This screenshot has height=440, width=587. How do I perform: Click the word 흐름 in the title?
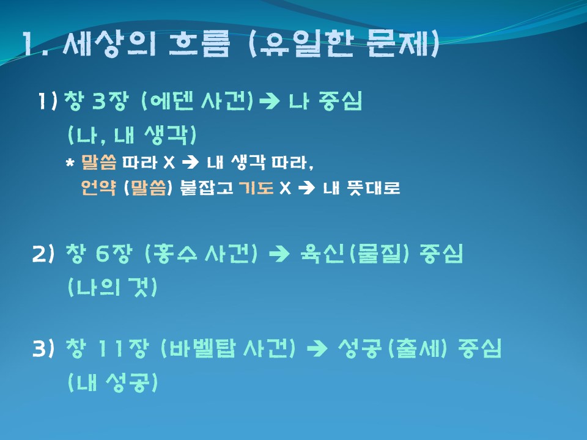pos(199,43)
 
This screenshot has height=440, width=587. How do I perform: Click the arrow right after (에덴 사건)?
pos(269,101)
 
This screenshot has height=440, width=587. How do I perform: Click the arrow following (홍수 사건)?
pos(279,254)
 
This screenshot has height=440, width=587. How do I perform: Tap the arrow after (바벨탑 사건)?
pos(317,349)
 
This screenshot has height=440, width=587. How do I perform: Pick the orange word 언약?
pos(98,188)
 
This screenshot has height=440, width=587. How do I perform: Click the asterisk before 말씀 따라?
pos(70,163)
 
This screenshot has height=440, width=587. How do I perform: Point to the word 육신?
pos(322,253)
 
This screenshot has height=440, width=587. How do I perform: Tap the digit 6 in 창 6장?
pos(102,254)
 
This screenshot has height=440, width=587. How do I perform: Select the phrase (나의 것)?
pos(113,287)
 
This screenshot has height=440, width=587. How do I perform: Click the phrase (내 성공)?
pos(113,382)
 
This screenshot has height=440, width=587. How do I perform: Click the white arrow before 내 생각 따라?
pos(190,163)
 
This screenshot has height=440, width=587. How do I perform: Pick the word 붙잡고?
pos(207,188)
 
